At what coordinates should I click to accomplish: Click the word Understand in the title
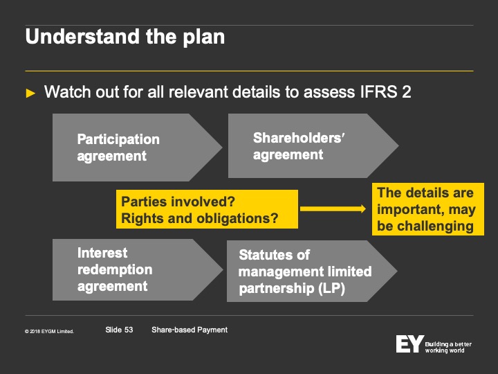82,37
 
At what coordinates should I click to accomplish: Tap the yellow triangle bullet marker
30,93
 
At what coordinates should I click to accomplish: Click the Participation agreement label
118,148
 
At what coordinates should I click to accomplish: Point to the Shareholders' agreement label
299,146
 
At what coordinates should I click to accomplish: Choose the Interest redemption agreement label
115,269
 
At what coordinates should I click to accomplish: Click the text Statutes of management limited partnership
305,271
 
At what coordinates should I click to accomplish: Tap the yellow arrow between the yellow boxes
333,208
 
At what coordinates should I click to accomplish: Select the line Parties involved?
178,202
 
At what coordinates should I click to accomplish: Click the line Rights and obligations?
199,218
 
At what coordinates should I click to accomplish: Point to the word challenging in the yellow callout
435,226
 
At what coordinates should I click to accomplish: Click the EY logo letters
409,344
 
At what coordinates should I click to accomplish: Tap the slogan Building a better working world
448,347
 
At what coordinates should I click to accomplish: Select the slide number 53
129,330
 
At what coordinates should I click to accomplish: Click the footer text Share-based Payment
190,330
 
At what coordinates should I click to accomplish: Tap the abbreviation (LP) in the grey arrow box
331,288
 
